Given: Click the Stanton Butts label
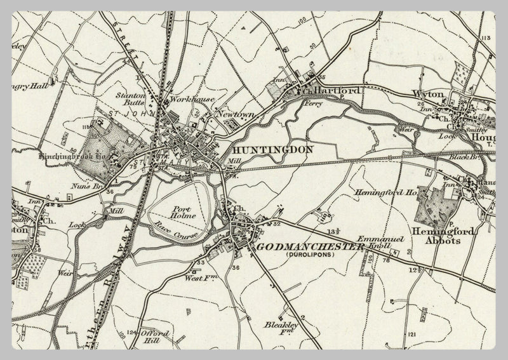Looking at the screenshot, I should pyautogui.click(x=131, y=99).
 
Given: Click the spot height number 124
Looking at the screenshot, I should pyautogui.click(x=131, y=331).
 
